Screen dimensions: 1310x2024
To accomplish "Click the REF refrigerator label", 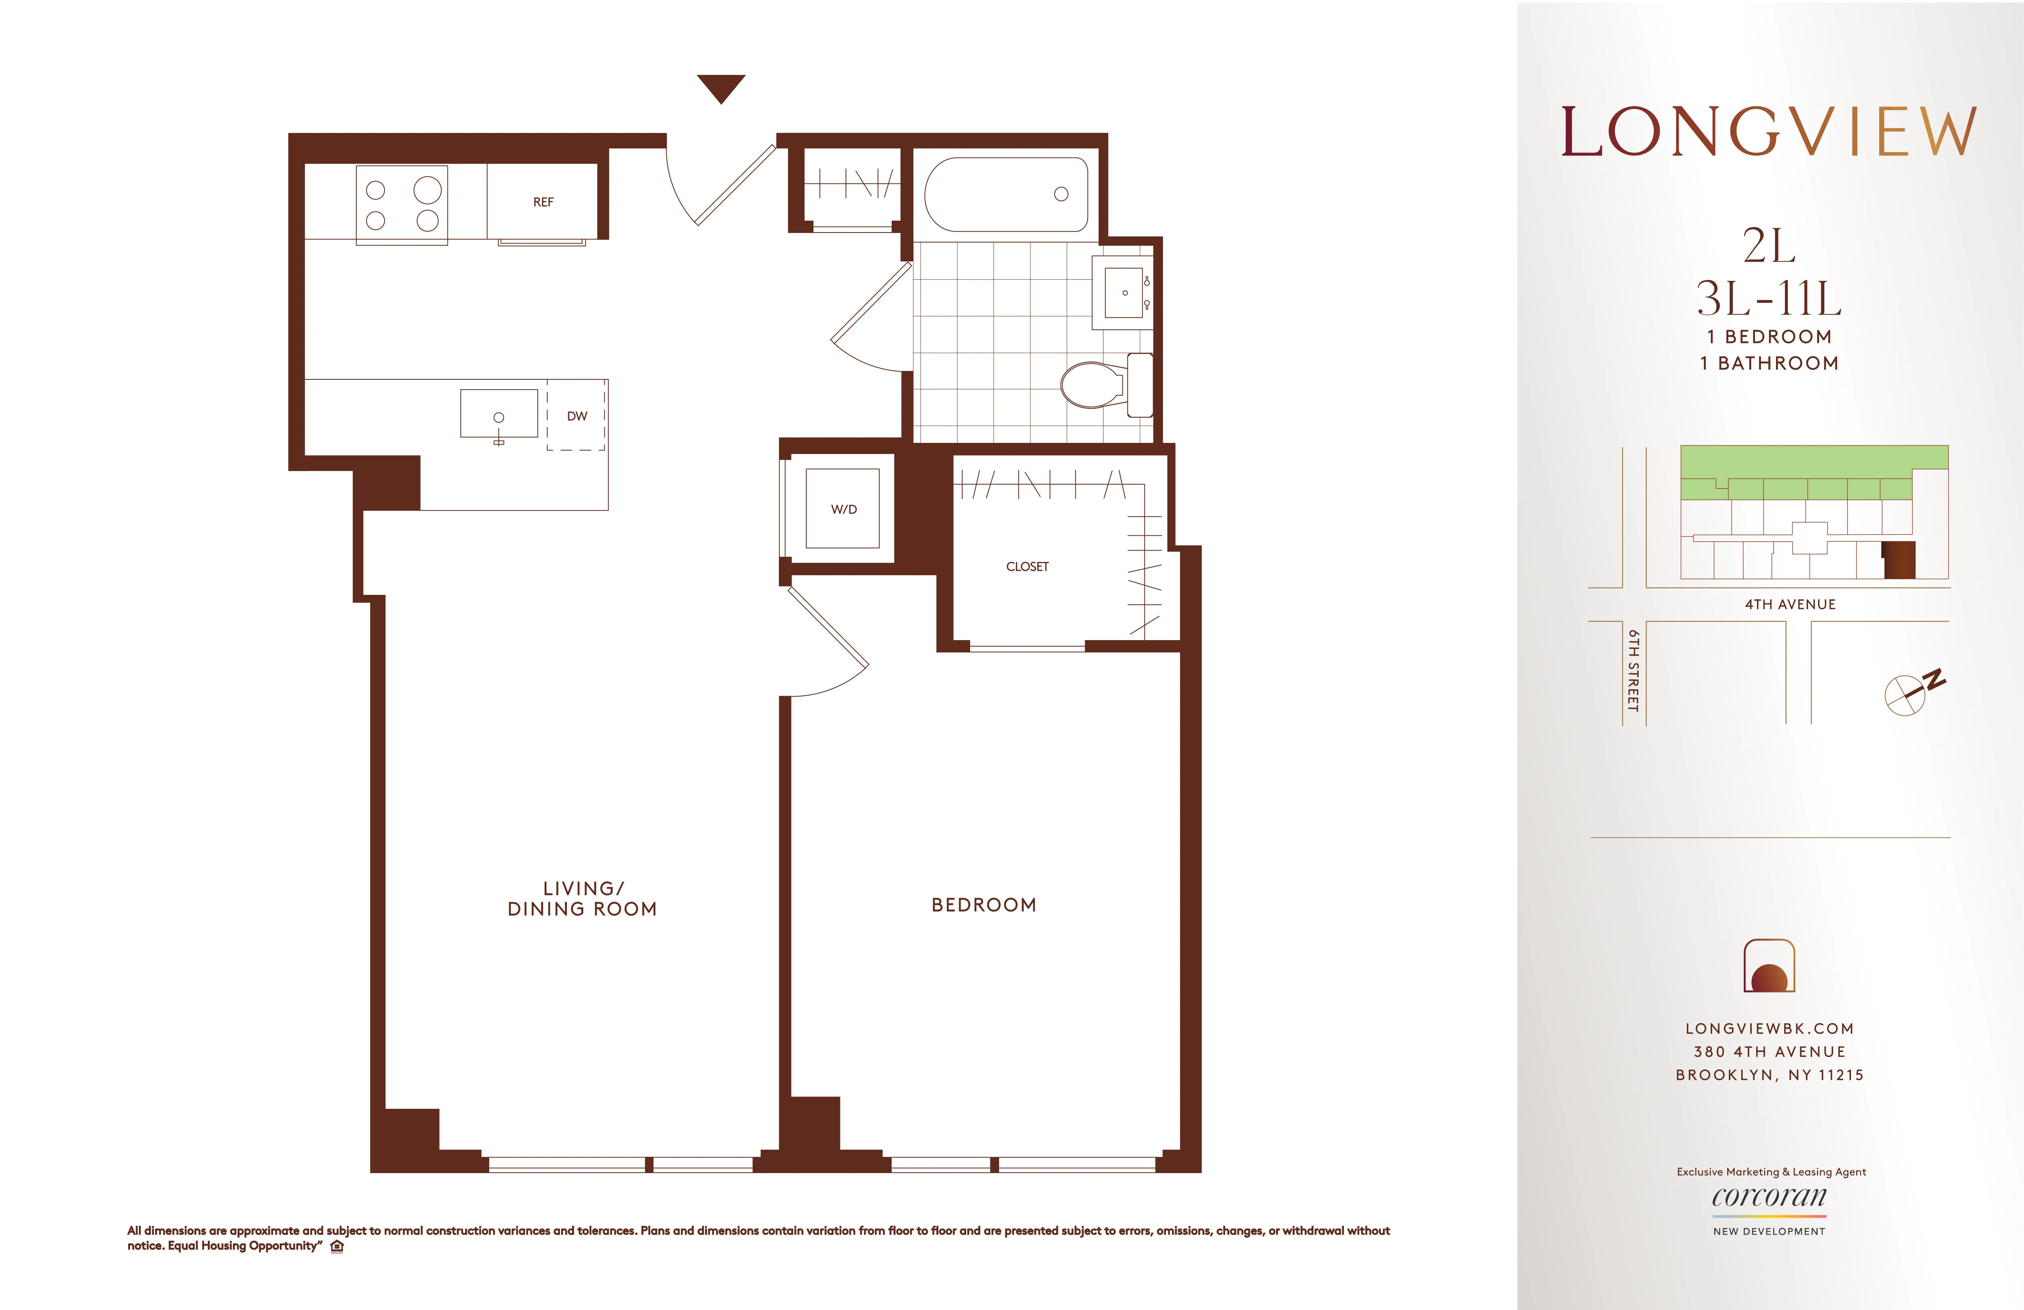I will click(542, 202).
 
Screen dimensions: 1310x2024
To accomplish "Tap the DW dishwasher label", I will click(577, 416).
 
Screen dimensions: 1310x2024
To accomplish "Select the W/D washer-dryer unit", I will click(843, 509).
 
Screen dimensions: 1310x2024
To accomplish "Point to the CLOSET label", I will click(1027, 567).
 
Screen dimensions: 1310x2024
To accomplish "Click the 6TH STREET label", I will click(1633, 670).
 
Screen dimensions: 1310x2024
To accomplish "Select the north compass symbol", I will click(1909, 693).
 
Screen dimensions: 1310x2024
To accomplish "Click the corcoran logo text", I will click(1769, 1197).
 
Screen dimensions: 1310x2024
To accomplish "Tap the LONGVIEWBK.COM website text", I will click(1769, 1028).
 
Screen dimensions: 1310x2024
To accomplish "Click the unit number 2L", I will click(1769, 247).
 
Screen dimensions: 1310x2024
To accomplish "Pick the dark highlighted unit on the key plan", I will click(1899, 560).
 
